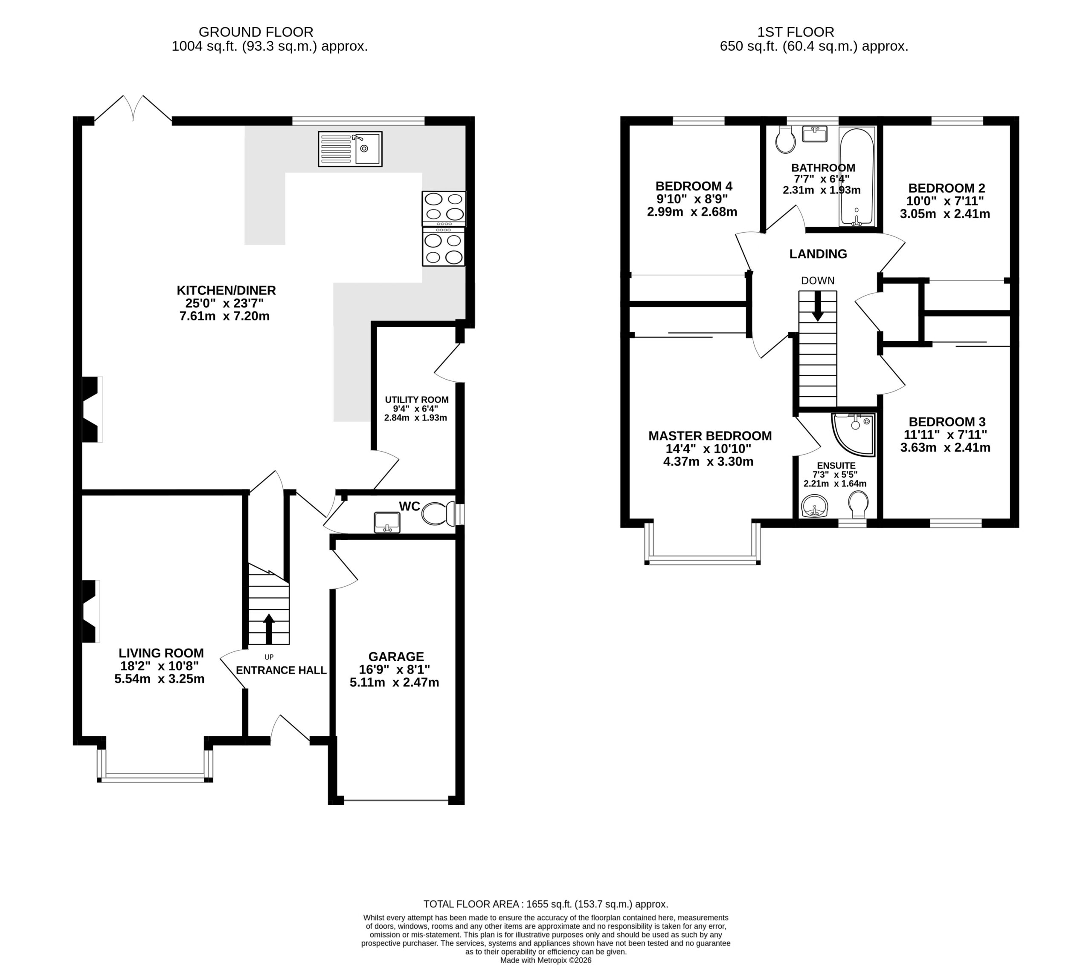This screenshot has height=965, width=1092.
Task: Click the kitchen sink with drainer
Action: [x=350, y=149]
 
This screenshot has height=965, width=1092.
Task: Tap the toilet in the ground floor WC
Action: [x=438, y=514]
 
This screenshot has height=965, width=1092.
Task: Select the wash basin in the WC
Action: [x=387, y=521]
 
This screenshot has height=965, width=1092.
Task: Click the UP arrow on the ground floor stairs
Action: [x=269, y=628]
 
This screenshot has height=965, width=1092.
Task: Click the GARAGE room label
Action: [x=396, y=657]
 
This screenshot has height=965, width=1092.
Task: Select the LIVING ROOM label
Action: [x=161, y=653]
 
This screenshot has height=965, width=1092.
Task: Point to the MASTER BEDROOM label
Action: [x=710, y=435]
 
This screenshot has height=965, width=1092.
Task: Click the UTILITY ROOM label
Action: [x=417, y=400]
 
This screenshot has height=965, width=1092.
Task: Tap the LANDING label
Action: [x=818, y=254]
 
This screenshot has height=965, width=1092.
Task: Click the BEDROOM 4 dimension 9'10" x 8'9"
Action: [x=692, y=199]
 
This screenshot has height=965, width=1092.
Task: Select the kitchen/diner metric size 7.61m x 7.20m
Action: [x=224, y=316]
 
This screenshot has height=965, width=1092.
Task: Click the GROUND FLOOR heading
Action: [x=256, y=32]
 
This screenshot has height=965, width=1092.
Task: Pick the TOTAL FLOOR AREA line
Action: [x=546, y=904]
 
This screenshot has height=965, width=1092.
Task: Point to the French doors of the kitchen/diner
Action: [x=133, y=108]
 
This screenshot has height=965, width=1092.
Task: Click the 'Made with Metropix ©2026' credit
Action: [x=546, y=960]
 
